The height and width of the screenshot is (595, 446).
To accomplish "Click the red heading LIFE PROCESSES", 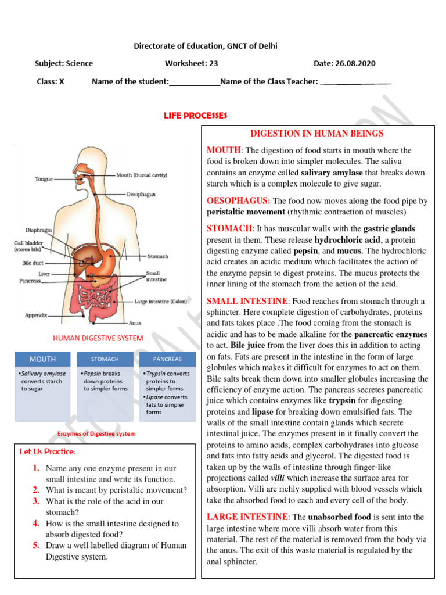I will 195,116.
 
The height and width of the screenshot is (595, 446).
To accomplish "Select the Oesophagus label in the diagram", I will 141,195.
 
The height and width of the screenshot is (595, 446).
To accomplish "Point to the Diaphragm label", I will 39,230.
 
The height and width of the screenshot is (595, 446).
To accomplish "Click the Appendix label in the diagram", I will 36,316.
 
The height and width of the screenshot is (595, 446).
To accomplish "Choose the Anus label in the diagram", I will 134,323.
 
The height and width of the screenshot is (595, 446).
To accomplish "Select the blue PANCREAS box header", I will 167,359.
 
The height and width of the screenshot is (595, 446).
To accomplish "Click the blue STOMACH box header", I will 105,359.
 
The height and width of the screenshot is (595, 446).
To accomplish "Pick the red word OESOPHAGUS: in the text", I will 239,200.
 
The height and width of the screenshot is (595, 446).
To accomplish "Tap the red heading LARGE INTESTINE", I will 247,517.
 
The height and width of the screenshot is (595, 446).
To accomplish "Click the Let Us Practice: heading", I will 47,451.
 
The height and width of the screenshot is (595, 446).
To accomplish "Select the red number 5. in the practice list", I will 36,545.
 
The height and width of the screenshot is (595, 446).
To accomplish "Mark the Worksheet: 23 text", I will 191,63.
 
